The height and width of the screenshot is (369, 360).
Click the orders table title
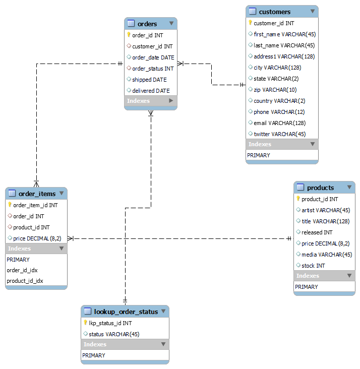(x=147, y=24)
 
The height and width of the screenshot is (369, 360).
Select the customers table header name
(x=274, y=12)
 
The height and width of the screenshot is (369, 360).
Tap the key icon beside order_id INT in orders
(x=129, y=35)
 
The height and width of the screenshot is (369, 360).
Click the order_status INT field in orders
(x=153, y=69)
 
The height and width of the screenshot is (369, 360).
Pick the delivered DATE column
(x=151, y=91)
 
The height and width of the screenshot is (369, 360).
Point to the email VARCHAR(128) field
(x=279, y=123)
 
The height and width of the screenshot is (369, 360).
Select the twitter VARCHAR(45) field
(x=279, y=134)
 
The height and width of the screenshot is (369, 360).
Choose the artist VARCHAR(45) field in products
(x=326, y=210)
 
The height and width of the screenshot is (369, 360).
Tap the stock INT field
(x=313, y=266)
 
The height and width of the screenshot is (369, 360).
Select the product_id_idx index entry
(x=25, y=281)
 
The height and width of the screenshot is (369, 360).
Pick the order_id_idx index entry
(x=22, y=270)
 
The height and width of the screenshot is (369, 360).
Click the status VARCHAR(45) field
(x=114, y=334)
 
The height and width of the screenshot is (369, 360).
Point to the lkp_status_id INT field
(x=110, y=323)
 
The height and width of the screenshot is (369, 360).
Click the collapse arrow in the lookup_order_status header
(x=163, y=312)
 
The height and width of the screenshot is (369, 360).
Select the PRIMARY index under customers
(x=259, y=155)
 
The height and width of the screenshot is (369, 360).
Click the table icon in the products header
(x=301, y=188)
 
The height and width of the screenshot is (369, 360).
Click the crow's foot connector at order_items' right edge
(x=71, y=238)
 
